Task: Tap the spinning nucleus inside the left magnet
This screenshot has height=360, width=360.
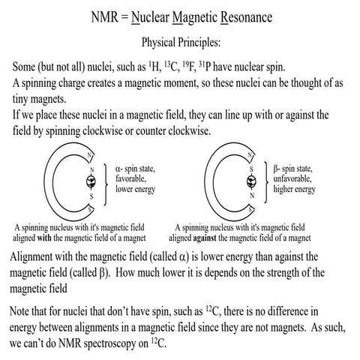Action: coord(94,181)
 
